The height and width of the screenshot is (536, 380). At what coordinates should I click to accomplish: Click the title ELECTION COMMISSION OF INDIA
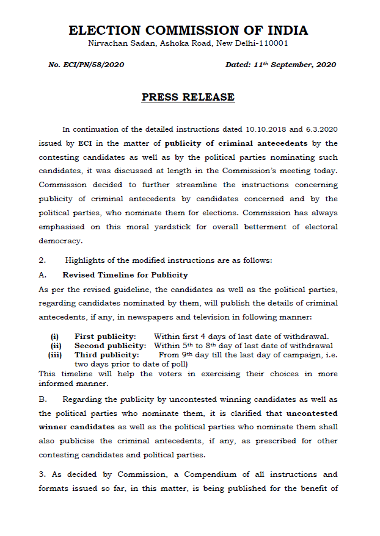[x=188, y=30]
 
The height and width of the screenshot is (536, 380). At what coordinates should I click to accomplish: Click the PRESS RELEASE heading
[x=188, y=97]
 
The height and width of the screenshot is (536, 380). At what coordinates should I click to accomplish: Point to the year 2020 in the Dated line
[x=324, y=65]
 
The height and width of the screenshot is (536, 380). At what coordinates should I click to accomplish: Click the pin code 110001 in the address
[x=269, y=43]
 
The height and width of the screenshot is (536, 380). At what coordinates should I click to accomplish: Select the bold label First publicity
[x=104, y=336]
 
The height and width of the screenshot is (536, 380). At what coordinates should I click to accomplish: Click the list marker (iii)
[x=55, y=354]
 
